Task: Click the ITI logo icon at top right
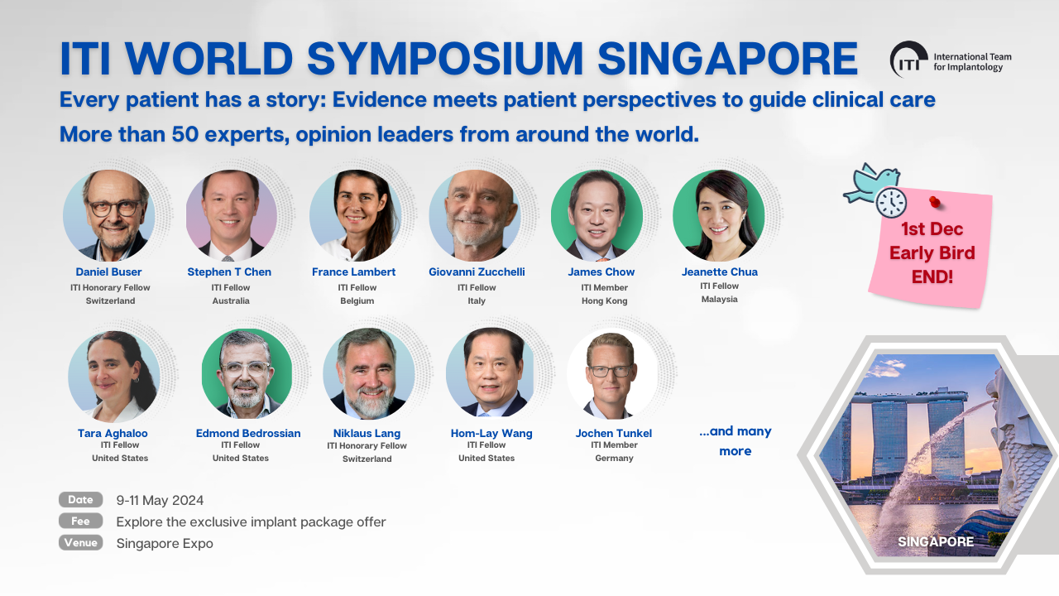click(908, 59)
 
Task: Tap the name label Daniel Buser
click(108, 272)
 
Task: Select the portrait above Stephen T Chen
click(231, 216)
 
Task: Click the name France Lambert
click(353, 272)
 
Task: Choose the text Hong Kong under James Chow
click(604, 300)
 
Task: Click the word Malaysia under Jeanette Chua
click(719, 300)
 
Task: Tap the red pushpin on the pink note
click(935, 202)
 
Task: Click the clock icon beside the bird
click(891, 203)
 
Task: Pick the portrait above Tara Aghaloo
click(114, 377)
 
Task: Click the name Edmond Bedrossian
click(248, 433)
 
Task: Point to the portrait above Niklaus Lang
click(369, 373)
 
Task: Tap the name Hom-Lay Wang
click(491, 433)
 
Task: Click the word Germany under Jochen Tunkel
click(614, 459)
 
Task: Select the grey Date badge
click(81, 499)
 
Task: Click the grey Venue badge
click(81, 542)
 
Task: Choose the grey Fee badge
click(81, 521)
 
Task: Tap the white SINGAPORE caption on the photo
click(936, 542)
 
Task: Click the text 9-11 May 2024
click(160, 501)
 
